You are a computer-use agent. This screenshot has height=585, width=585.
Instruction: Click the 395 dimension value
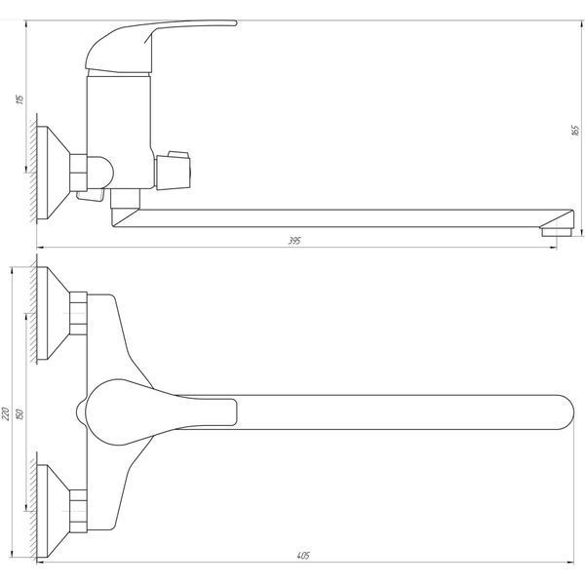(294, 241)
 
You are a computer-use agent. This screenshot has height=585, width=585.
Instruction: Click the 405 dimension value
(303, 556)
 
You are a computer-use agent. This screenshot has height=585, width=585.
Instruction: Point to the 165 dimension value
(575, 131)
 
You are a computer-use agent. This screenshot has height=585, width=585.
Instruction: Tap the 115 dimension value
(19, 99)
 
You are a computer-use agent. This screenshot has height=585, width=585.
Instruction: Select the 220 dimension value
(6, 413)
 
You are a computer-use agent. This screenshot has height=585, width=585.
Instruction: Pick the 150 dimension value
(19, 413)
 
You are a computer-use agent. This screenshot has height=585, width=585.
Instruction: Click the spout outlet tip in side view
(557, 232)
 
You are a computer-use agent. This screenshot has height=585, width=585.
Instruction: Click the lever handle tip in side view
(234, 23)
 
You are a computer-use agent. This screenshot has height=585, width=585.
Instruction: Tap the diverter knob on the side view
(174, 170)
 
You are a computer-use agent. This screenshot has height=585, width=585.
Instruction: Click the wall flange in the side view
(54, 173)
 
